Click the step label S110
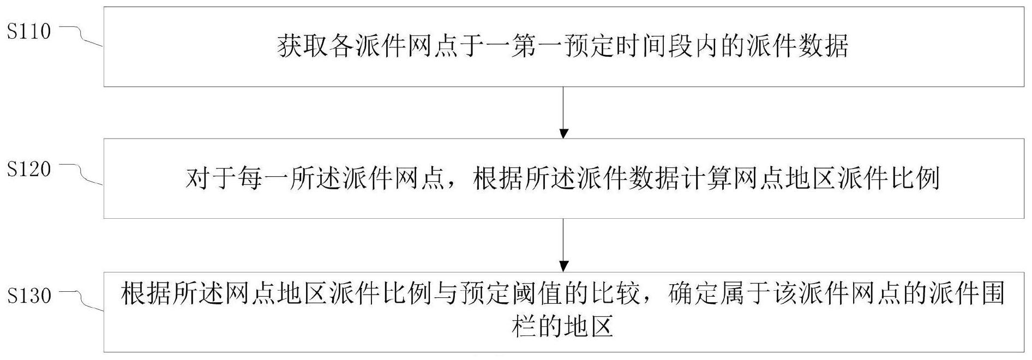29,32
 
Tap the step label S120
29,169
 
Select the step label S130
29,296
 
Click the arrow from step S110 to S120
564,112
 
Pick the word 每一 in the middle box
264,179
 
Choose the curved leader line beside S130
82,302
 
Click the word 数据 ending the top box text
823,47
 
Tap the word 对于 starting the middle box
212,179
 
